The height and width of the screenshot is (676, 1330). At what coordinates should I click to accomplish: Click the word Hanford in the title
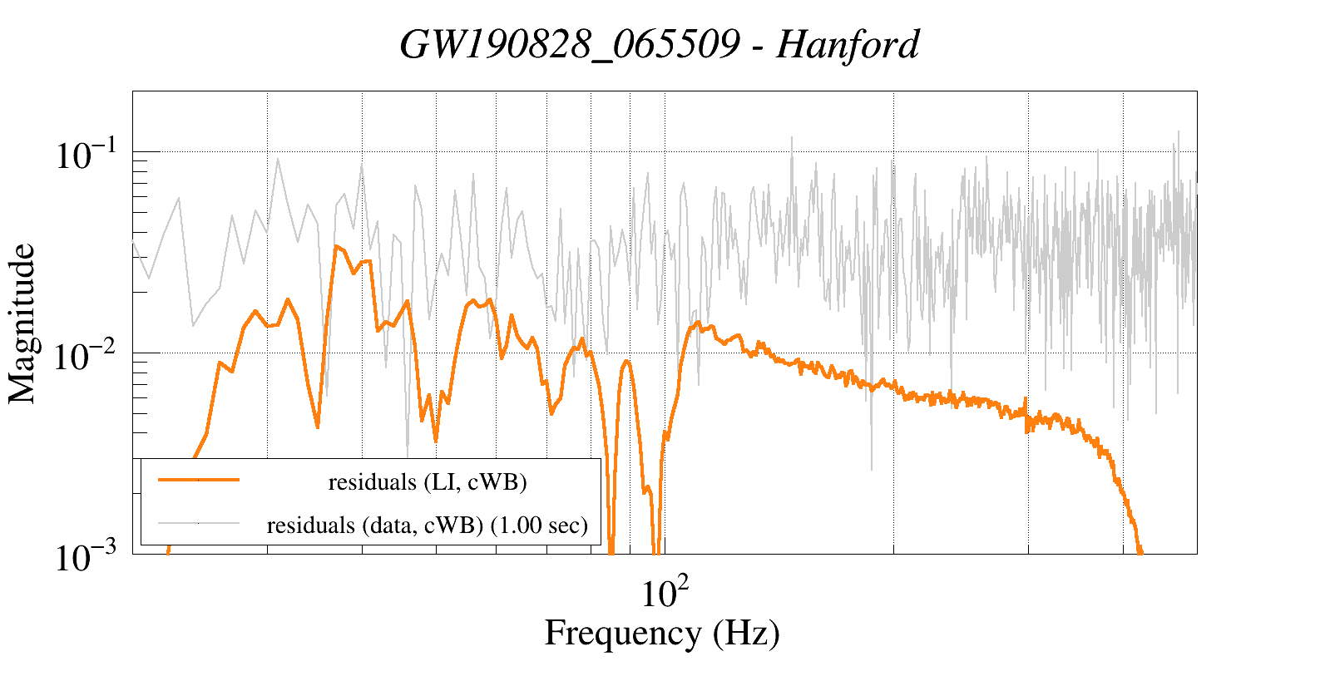click(848, 44)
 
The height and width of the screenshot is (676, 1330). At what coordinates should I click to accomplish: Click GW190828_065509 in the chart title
click(569, 44)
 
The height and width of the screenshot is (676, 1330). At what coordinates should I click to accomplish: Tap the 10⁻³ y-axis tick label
click(89, 556)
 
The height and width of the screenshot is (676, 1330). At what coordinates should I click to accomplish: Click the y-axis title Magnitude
click(22, 323)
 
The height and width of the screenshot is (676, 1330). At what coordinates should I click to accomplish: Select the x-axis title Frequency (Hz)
click(662, 633)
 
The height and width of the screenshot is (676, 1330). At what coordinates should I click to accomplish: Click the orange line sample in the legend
click(199, 480)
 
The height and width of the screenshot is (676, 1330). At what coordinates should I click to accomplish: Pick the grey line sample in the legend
click(199, 523)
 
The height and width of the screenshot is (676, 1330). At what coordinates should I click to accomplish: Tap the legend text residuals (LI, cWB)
click(428, 482)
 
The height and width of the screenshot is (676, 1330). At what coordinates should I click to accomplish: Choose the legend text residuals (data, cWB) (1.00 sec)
click(427, 526)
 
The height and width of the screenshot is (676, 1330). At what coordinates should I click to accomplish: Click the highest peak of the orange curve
click(336, 246)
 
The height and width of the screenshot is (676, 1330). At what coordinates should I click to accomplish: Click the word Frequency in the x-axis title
click(622, 633)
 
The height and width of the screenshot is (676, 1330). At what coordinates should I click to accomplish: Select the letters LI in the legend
click(438, 482)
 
